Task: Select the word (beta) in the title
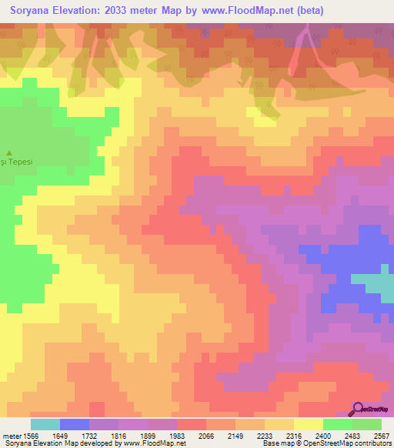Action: pos(306,11)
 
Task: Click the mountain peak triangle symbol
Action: pos(10,152)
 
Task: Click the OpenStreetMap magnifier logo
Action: pos(359,410)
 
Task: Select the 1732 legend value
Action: pos(105,435)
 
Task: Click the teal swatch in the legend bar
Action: pos(45,424)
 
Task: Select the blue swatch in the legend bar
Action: pos(75,424)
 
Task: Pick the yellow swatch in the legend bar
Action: pos(308,424)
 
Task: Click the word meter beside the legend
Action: pos(12,435)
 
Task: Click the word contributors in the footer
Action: pos(370,443)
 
